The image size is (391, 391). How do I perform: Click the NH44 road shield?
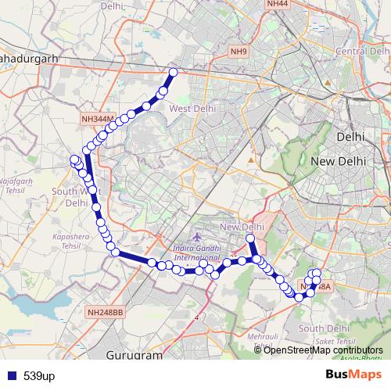click(277, 4)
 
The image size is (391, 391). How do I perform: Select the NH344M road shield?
click(98, 119)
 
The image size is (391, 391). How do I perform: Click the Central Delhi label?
click(357, 51)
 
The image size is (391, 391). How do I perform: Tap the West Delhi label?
click(192, 109)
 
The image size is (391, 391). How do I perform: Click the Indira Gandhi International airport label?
click(198, 253)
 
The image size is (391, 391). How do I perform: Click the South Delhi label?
click(317, 328)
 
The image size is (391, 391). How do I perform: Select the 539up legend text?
click(39, 376)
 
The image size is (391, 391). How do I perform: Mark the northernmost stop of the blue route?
click(173, 72)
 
